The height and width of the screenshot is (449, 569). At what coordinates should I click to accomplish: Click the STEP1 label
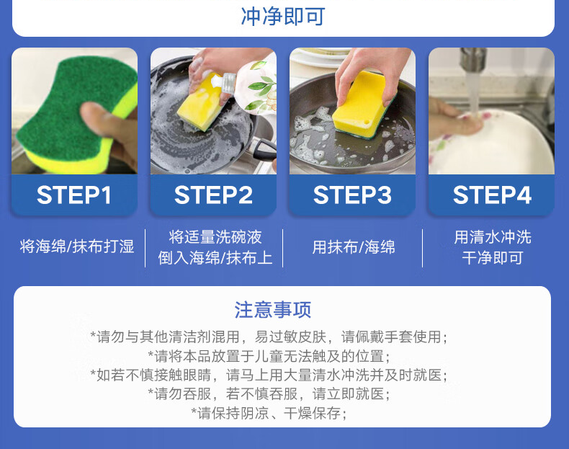[x=74, y=195]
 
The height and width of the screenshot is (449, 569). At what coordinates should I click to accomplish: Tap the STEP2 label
[x=213, y=195]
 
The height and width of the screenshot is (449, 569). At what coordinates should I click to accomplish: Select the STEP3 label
[x=352, y=195]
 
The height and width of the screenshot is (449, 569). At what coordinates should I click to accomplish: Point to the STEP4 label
[x=492, y=195]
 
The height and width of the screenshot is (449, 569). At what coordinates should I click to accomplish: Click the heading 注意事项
[x=272, y=310]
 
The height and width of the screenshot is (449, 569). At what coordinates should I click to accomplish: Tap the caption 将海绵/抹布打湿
[x=77, y=246]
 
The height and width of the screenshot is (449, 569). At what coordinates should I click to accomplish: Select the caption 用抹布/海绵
[x=354, y=247]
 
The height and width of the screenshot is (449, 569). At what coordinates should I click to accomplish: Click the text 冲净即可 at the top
[x=282, y=17]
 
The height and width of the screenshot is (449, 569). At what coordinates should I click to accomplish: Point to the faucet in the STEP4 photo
[x=472, y=61]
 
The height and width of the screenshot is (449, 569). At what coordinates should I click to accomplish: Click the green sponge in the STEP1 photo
[x=73, y=109]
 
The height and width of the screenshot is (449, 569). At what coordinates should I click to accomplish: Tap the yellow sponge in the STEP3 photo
[x=363, y=104]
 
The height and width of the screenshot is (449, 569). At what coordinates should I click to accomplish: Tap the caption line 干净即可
[x=492, y=258]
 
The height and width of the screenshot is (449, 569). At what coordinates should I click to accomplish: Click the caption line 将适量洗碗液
[x=215, y=237]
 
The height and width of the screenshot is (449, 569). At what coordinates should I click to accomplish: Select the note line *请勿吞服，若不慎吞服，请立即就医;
[x=269, y=394]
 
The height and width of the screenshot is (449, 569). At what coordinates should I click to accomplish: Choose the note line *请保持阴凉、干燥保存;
[x=269, y=413]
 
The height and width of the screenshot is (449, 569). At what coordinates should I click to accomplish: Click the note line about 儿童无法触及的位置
[x=269, y=356]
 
